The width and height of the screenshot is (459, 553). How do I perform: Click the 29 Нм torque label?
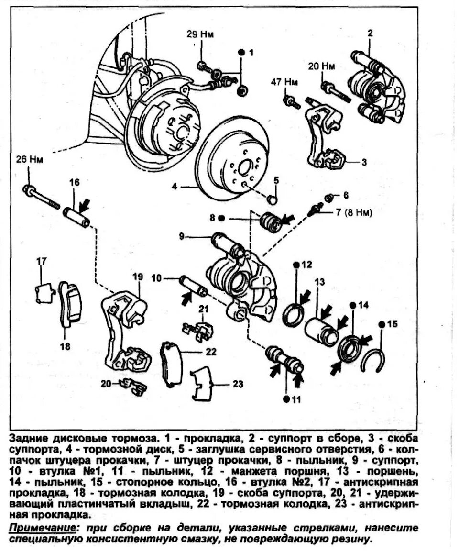pos(200,34)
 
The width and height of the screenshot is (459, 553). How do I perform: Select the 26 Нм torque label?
pos(30,159)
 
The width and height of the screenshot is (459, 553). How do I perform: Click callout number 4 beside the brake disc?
pos(175,187)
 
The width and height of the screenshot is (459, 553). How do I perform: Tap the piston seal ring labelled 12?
pos(293,316)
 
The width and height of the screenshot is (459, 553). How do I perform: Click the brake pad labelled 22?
pos(171,364)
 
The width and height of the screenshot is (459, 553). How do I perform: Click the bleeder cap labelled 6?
pos(329,197)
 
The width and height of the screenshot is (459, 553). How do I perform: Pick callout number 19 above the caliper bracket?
pos(138,276)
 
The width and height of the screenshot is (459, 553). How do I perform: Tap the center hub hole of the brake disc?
pos(242,167)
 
